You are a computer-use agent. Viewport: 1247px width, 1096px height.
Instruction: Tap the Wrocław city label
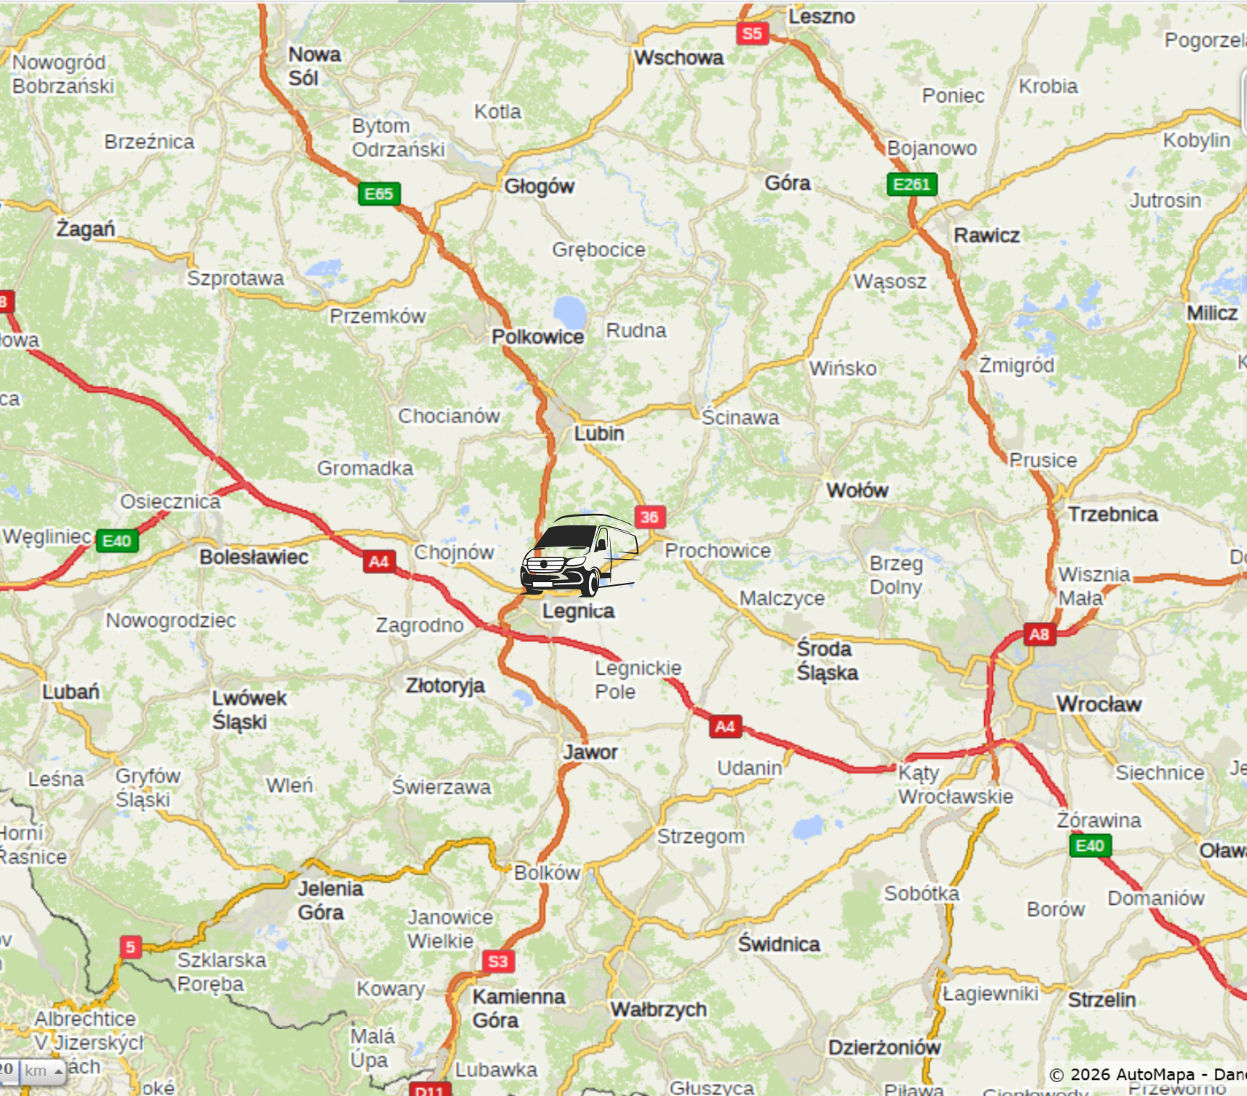point(1098,704)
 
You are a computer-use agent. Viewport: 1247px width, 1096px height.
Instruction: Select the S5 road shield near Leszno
point(752,33)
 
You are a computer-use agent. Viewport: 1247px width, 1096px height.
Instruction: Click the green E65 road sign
point(379,194)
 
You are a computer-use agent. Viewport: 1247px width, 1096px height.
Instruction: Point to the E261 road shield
point(911,184)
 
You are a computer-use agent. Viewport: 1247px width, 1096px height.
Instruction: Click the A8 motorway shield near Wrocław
point(1039,634)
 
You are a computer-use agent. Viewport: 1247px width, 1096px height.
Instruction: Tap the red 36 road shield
point(649,517)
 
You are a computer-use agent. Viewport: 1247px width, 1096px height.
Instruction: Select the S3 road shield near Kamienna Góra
point(498,961)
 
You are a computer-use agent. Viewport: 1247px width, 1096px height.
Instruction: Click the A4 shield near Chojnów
point(379,561)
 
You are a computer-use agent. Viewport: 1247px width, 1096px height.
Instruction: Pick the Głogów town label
point(539,186)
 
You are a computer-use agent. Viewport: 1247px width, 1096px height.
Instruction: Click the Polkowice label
point(537,337)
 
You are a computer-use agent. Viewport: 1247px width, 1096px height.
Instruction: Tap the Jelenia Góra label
point(330,900)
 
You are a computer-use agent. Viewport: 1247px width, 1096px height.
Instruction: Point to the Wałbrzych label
point(658,1009)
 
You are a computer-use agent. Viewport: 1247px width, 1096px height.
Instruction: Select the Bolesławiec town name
point(254,557)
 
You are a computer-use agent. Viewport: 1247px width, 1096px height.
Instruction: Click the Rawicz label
point(986,235)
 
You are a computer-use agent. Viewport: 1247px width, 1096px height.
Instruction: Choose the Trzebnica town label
point(1112,515)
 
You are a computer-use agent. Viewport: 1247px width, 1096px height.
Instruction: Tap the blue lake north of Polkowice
point(569,312)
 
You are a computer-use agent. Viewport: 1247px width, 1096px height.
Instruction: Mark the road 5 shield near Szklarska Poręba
point(130,947)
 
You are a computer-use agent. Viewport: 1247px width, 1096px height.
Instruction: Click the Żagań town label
point(86,229)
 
